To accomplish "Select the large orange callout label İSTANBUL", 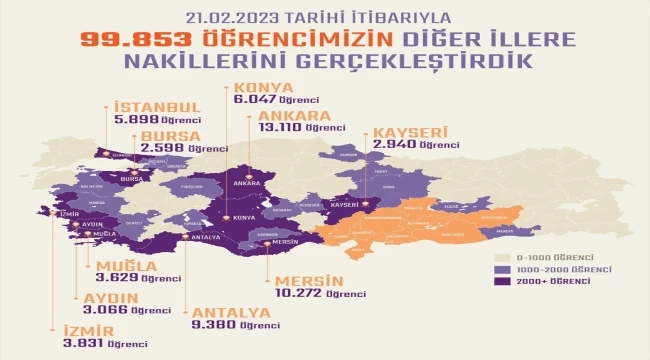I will [159, 107].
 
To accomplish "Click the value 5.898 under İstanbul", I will [132, 119].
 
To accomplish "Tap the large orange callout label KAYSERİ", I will [411, 132].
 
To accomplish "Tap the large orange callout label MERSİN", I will [306, 281].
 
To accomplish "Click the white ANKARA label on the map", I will [241, 184].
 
